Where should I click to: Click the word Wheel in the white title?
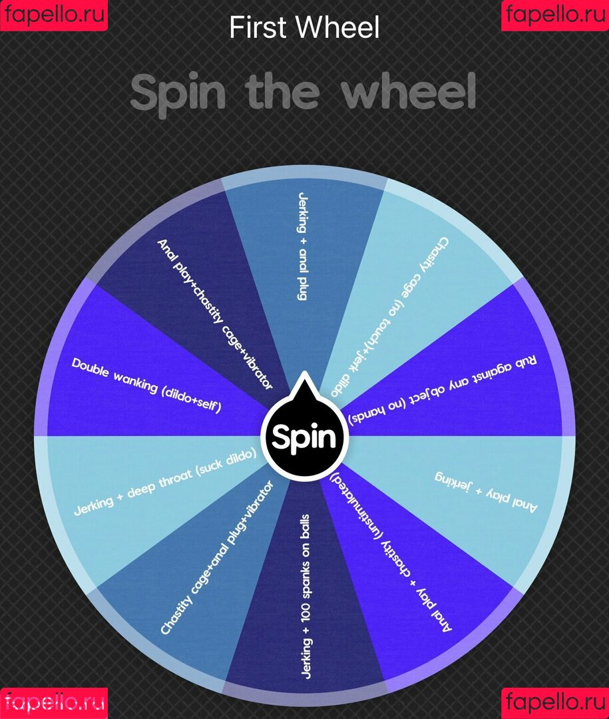[338, 27]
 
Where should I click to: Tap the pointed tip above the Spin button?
[304, 372]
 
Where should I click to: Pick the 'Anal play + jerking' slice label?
[486, 493]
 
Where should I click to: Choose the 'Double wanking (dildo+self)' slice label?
[146, 384]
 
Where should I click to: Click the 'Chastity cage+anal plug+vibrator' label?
[217, 557]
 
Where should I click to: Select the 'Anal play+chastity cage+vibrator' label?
[214, 314]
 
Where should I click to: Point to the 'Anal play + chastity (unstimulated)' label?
[391, 552]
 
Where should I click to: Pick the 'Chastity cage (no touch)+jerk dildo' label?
[390, 316]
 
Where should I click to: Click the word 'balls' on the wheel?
[305, 525]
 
